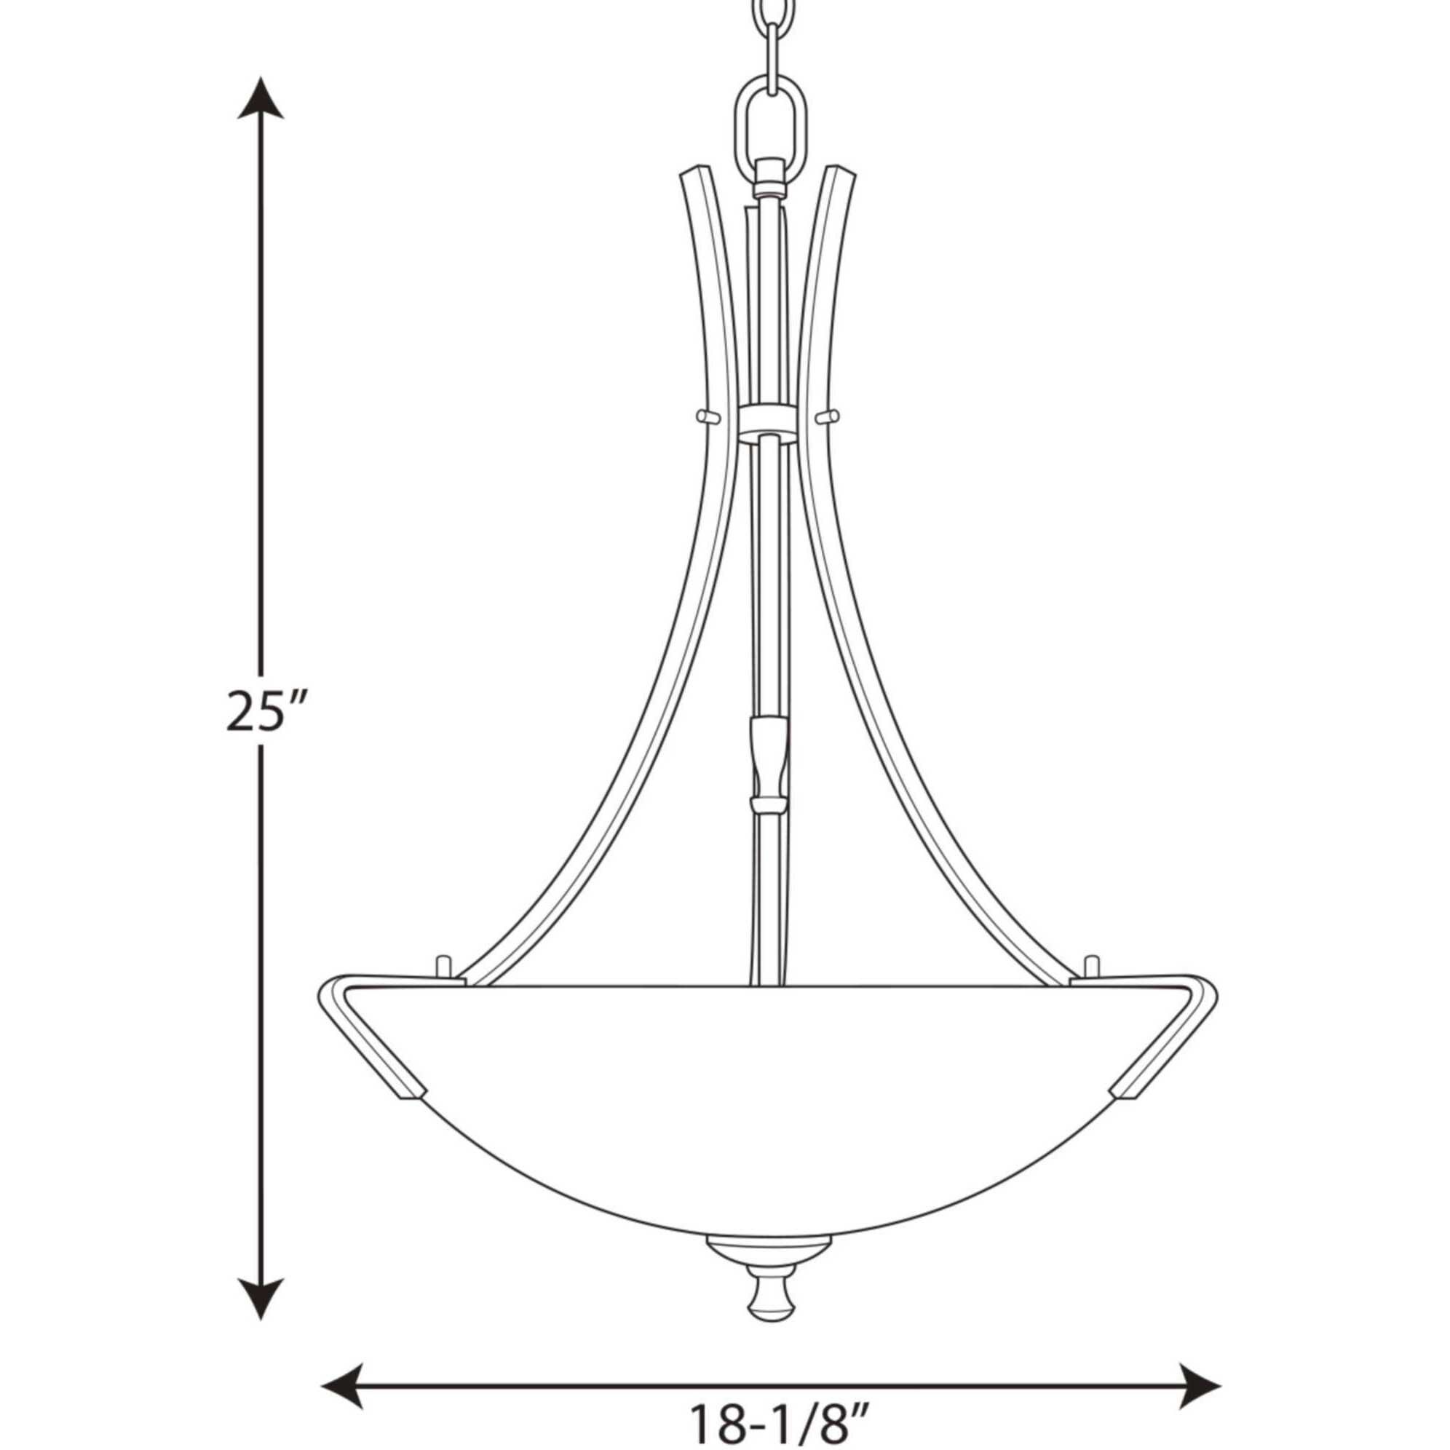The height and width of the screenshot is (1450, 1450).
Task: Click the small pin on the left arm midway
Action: [705, 414]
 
